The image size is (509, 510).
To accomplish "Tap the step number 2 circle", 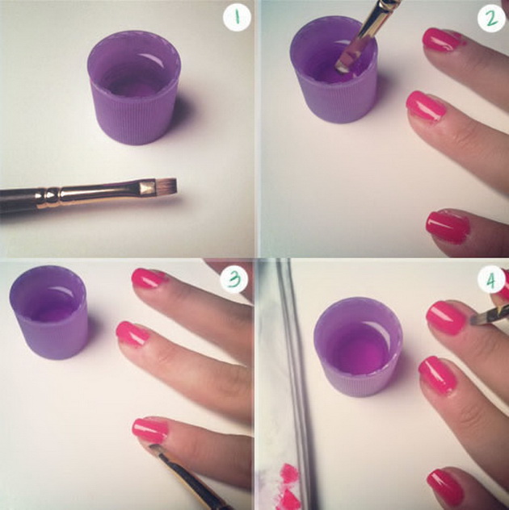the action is tap(491, 19).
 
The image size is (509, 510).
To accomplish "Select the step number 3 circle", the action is tap(233, 279).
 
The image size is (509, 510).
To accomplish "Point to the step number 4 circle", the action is tap(491, 280).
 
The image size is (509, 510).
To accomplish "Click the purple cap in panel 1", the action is tap(134, 88).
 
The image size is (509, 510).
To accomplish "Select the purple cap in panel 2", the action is tap(333, 70).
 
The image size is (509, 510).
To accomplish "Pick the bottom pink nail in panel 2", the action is tap(448, 227).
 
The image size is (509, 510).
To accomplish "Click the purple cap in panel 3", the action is tap(48, 312).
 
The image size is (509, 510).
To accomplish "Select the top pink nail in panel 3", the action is tap(149, 278).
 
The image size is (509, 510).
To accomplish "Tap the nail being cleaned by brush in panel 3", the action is tap(150, 430).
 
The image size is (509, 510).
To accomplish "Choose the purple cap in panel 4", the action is tap(358, 347).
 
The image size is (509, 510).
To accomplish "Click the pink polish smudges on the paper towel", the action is tap(288, 485).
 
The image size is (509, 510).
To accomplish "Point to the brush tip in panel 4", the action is tap(476, 320).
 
